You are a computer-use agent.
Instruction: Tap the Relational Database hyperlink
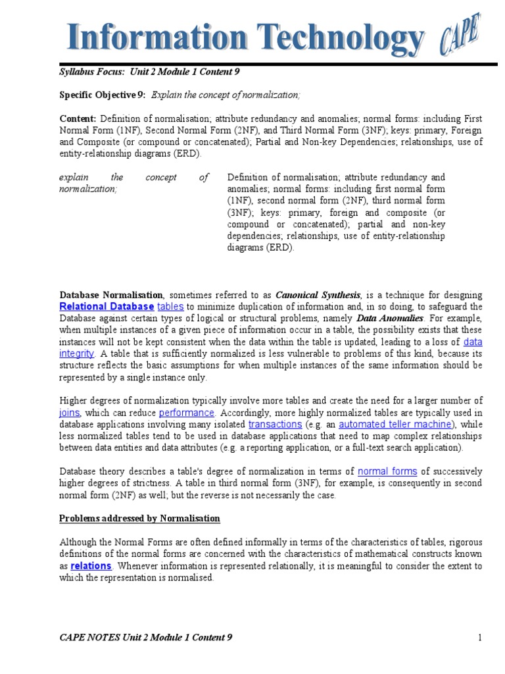click(x=107, y=307)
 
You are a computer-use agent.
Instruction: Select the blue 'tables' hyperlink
click(x=170, y=307)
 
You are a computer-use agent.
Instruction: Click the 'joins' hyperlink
click(x=70, y=413)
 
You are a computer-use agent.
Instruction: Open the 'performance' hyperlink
click(x=187, y=413)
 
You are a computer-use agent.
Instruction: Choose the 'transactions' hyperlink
click(x=275, y=425)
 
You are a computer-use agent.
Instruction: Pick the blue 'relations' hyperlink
click(x=91, y=566)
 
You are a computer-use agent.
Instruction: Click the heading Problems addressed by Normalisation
click(x=139, y=519)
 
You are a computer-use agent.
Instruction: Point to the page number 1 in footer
click(x=481, y=637)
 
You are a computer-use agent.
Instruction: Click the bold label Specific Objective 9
click(x=103, y=95)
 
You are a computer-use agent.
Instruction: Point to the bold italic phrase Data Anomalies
click(x=389, y=319)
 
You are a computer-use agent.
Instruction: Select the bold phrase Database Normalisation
click(x=111, y=295)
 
